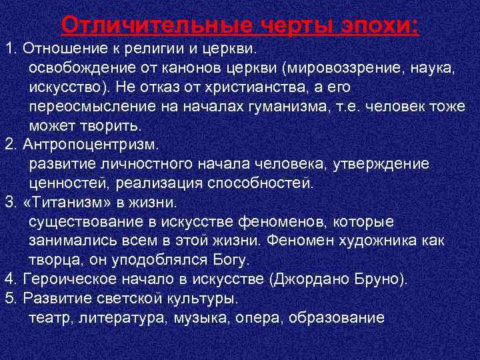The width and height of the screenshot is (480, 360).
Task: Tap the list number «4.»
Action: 11,279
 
